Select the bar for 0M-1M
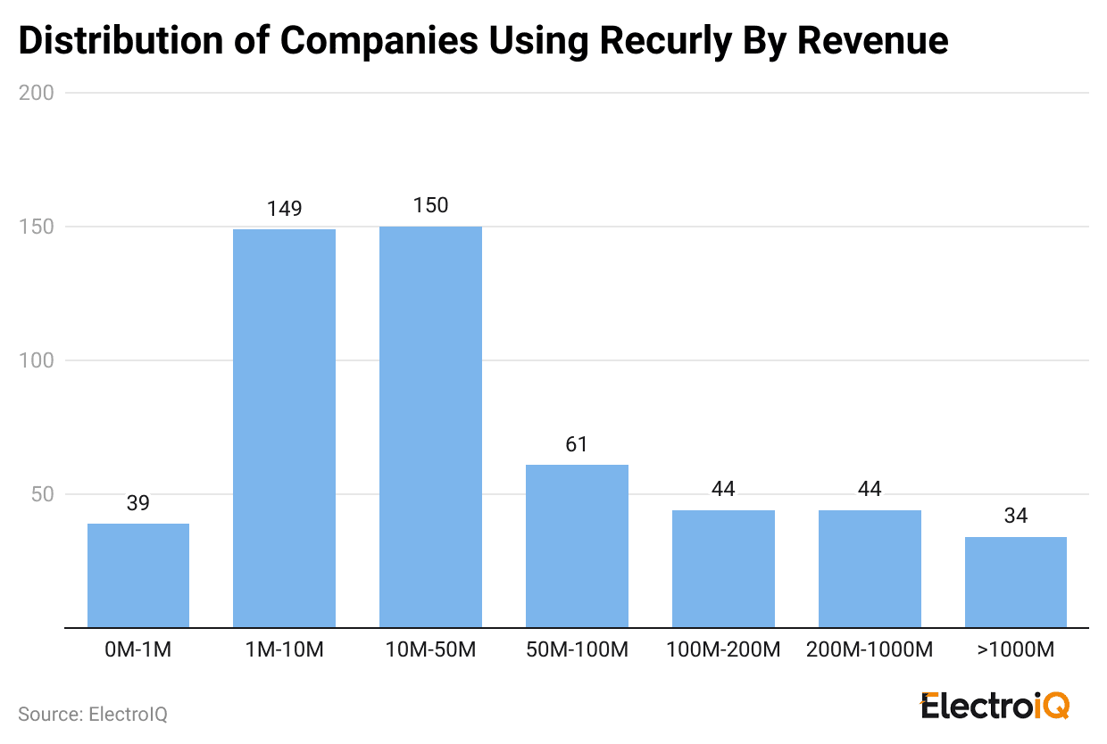coord(138,575)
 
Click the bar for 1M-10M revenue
coord(284,428)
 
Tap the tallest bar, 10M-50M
coord(430,426)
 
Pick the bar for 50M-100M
coord(577,546)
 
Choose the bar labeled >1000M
coord(1016,582)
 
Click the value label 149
coord(285,209)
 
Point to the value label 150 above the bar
coord(430,206)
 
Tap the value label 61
coord(577,444)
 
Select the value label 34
coord(1016,517)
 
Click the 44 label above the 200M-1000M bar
coord(870,490)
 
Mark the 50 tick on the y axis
coord(42,494)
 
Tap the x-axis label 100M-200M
coord(723,650)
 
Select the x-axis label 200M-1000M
coord(870,650)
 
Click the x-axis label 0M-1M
coord(138,650)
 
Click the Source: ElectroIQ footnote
coord(93,714)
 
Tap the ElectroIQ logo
coord(995,705)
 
